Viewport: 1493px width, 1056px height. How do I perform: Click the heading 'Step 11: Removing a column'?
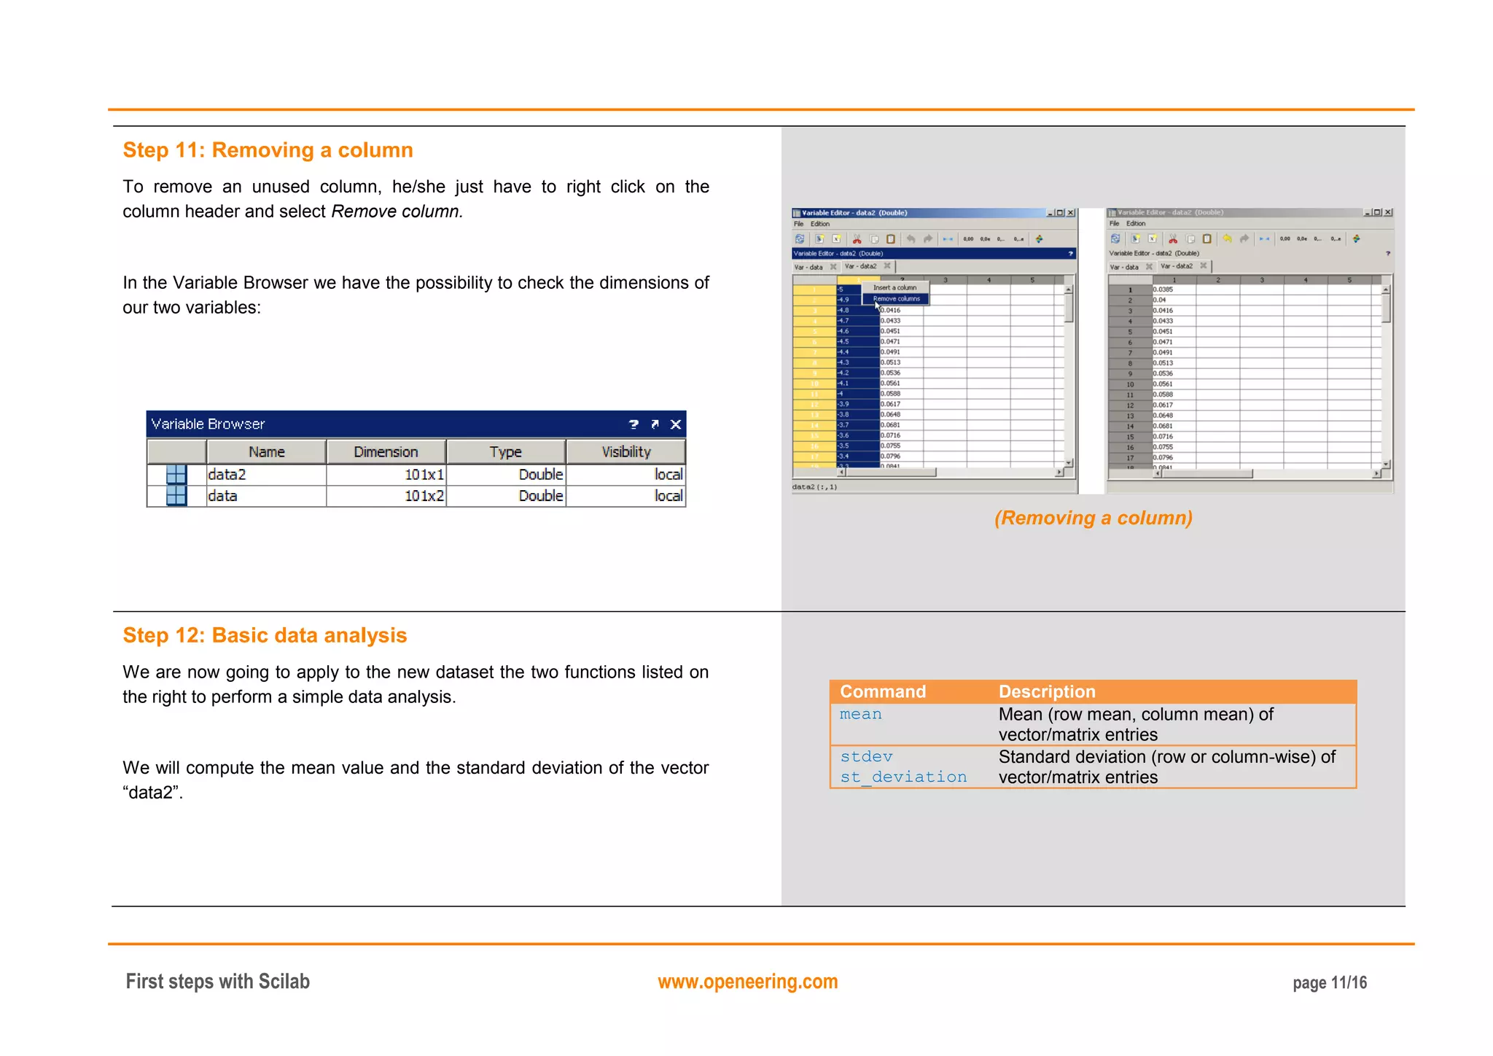[x=268, y=150]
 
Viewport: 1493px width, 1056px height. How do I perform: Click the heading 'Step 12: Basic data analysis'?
[x=265, y=635]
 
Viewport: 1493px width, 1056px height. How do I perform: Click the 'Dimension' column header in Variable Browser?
[x=386, y=452]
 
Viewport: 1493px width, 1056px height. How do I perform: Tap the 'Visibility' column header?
[x=625, y=452]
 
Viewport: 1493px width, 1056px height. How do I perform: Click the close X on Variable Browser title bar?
[x=676, y=424]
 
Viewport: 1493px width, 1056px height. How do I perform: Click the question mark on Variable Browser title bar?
[x=634, y=424]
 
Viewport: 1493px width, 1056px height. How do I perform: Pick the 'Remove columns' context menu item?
[x=896, y=299]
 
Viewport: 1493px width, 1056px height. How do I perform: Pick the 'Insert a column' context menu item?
[x=894, y=288]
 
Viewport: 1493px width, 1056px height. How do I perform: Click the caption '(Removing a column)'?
[x=1093, y=518]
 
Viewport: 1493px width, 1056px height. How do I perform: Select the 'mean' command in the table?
[x=860, y=715]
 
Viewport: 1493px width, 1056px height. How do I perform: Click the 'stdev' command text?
[x=866, y=757]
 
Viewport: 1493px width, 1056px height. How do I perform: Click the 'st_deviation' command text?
[x=903, y=777]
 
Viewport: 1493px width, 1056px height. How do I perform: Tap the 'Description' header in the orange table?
[x=1046, y=691]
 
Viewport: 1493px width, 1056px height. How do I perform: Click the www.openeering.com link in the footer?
[x=747, y=982]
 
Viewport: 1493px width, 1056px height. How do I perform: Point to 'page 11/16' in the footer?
[x=1329, y=983]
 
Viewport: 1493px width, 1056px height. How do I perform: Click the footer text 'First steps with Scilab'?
[x=217, y=982]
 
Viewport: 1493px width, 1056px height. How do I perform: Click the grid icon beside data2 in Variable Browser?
[x=176, y=475]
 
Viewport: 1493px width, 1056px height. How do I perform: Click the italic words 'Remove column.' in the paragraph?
[x=397, y=211]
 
